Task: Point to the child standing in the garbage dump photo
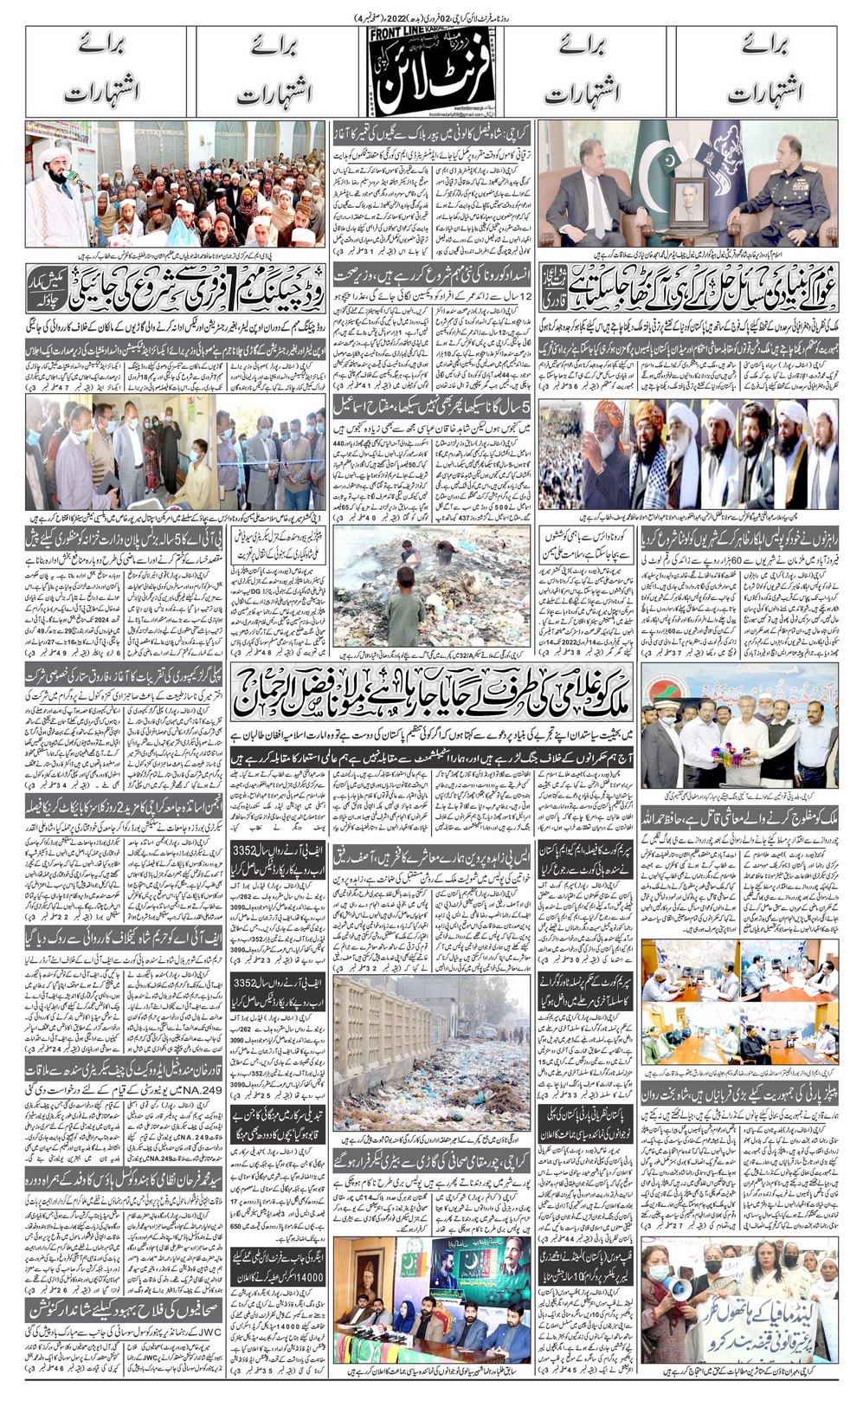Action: click(x=402, y=611)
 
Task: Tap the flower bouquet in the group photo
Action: click(x=731, y=750)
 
